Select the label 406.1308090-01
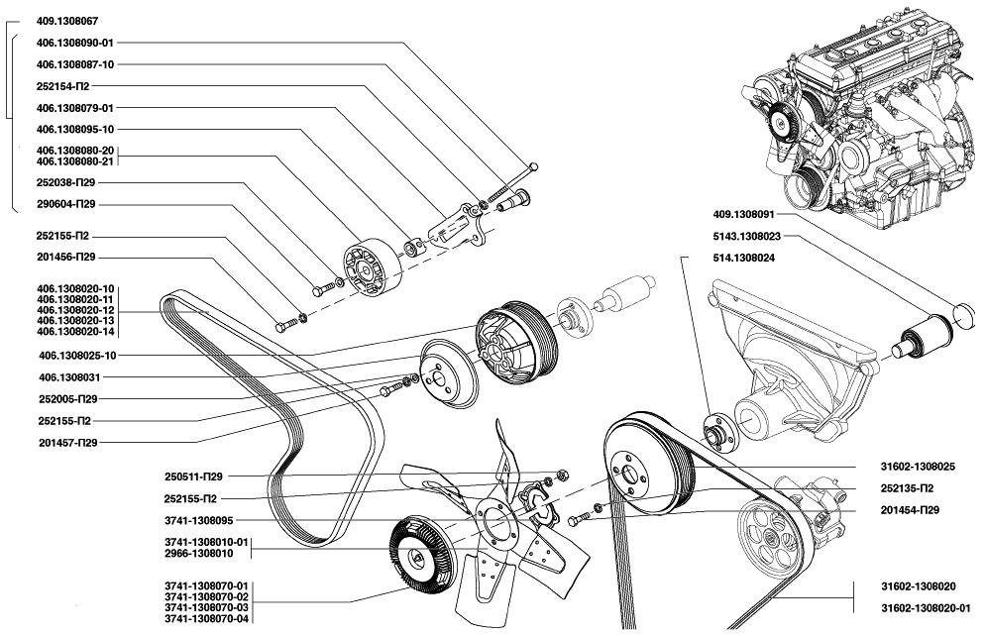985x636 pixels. coord(75,43)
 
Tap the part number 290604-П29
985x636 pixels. coord(65,204)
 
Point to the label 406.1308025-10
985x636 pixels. coord(76,355)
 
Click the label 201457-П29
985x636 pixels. coord(66,442)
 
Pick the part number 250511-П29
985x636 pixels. coord(193,476)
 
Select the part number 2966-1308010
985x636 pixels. coord(206,552)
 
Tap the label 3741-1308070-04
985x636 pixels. coord(206,618)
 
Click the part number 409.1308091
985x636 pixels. coord(743,214)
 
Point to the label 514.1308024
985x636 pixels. coord(743,258)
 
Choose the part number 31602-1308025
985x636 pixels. coord(917,466)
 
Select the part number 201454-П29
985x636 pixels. coord(909,509)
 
